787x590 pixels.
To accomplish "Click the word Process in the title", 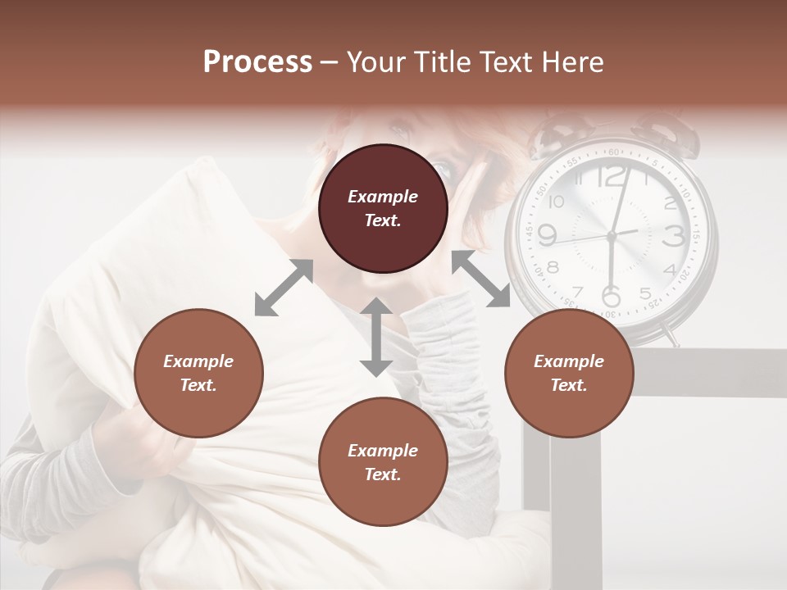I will click(257, 62).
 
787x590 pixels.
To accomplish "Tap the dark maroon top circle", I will click(383, 209).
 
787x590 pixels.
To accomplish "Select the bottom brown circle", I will click(383, 462).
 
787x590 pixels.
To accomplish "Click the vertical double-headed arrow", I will click(376, 337).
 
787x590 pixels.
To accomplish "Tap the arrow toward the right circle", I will click(480, 279).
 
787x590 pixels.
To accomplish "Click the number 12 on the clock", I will click(611, 176).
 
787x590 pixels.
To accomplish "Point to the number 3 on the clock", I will click(673, 236).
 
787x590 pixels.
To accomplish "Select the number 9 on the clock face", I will click(547, 236).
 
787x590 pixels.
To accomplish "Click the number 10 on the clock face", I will click(557, 202).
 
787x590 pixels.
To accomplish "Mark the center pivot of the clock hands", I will click(611, 236).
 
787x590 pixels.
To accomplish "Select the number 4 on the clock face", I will click(669, 270).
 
